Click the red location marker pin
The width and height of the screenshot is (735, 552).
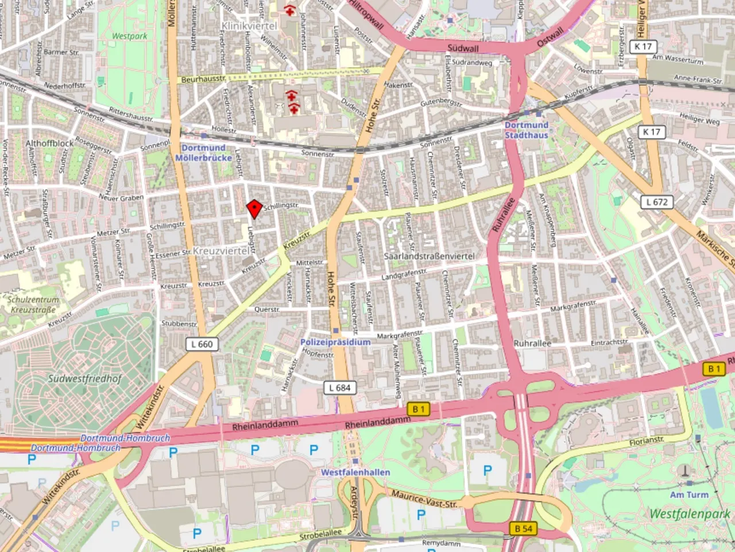254,209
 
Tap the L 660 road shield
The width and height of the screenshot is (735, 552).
200,344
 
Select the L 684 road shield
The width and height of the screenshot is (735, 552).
339,388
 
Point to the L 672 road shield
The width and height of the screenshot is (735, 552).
656,202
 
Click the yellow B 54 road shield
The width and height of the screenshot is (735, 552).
523,528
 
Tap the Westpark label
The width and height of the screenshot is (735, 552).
129,36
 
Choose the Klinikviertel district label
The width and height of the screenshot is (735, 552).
249,26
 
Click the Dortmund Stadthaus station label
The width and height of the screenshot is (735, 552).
527,130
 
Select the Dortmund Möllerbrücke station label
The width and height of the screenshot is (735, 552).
203,152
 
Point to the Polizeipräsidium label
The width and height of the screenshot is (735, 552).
335,342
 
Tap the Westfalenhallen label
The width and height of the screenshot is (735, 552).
355,472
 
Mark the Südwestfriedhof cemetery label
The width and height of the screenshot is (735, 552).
84,378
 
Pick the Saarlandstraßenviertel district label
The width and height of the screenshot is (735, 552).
429,256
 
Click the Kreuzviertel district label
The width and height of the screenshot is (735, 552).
221,251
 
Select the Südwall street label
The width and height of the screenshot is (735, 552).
463,48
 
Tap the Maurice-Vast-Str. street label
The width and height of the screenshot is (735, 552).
424,498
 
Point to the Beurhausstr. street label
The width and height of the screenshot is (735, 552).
203,79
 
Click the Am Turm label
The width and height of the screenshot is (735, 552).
689,494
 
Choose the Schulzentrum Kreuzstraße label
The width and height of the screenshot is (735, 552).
33,305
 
